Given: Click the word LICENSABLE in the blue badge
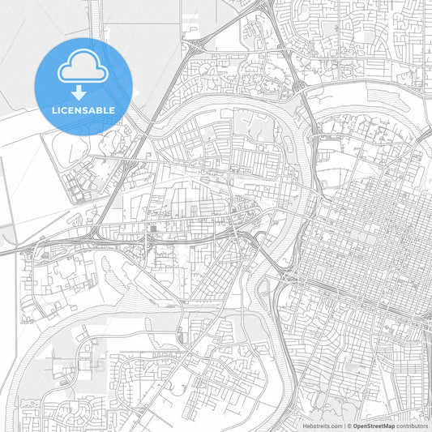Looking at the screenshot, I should tap(83, 109).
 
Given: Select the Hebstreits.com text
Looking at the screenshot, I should tap(323, 426).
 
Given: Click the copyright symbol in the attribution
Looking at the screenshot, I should tap(350, 426).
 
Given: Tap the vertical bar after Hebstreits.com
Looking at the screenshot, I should tap(344, 426).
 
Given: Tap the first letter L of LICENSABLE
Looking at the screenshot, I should tap(54, 109).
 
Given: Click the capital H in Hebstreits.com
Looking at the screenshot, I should tap(305, 426).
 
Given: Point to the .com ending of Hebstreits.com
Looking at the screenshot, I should tap(336, 426).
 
